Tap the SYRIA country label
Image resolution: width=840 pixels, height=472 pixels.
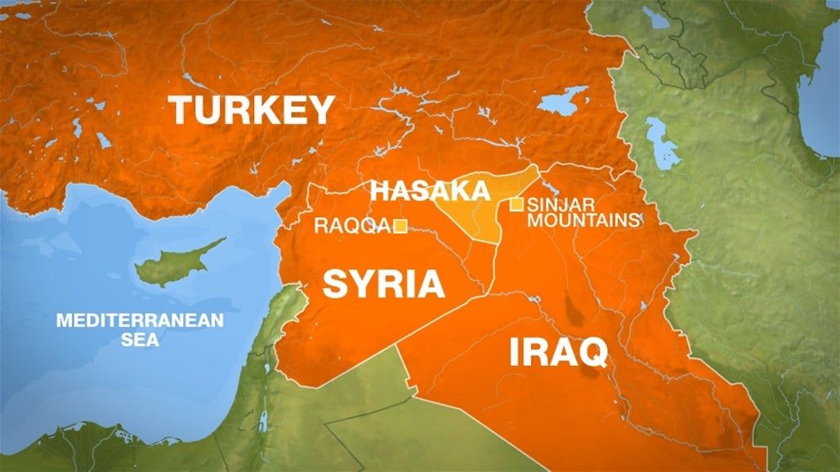(x=383, y=284)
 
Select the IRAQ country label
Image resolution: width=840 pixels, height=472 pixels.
(x=558, y=353)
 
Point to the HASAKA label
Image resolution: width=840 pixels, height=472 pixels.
(x=431, y=192)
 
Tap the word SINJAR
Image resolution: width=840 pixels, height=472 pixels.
(x=552, y=204)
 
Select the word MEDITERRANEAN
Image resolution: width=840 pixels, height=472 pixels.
(x=139, y=321)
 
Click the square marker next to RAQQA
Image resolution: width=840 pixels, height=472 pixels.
(x=400, y=226)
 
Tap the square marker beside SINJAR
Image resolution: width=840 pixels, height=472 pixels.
(x=516, y=204)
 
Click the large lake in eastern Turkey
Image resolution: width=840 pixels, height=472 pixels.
(x=564, y=102)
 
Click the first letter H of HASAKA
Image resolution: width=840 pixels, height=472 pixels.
(x=382, y=192)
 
